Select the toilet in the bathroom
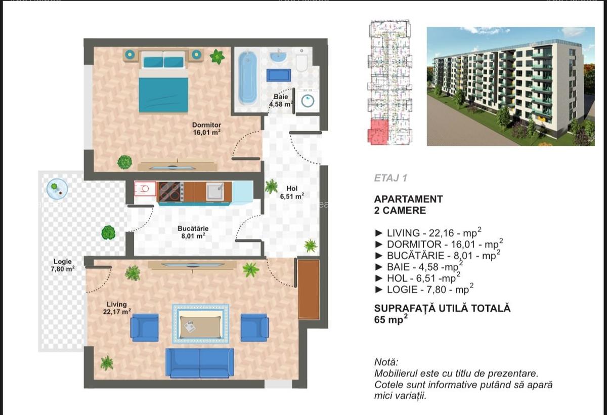point(301,61)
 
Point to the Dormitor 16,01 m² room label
point(206,129)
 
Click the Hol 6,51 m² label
point(292,192)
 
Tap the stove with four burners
point(171,192)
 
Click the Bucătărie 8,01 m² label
point(193,232)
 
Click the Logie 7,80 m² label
point(63,265)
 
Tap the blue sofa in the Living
point(199,363)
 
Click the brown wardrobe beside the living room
point(308,289)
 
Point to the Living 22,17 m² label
point(117,308)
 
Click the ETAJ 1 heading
point(391,178)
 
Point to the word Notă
point(386,362)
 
